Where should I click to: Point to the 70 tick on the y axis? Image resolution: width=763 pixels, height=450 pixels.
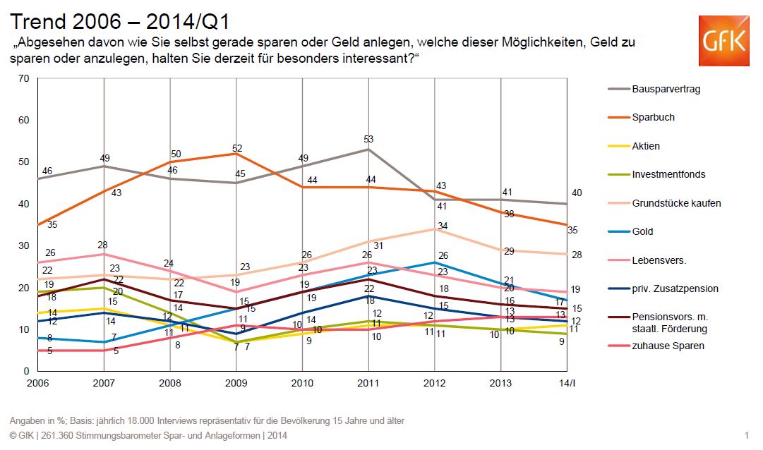23,78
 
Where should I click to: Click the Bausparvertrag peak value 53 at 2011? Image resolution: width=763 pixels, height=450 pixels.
368,139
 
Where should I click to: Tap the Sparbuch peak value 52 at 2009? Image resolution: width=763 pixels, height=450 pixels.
236,147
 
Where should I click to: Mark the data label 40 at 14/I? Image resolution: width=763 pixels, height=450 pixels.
576,193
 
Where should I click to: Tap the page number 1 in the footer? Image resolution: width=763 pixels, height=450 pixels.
746,436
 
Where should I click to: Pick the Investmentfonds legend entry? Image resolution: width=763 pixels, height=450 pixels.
658,174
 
